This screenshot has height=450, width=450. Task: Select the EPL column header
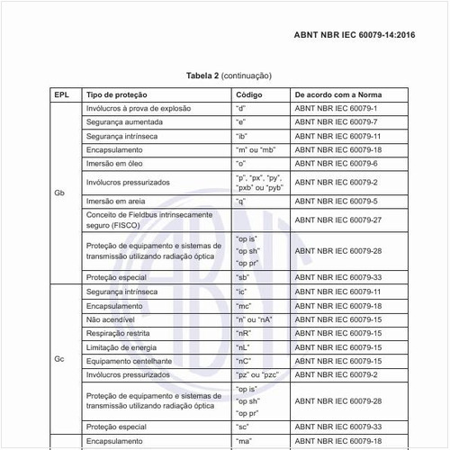click(x=61, y=94)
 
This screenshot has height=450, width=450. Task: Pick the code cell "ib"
click(x=240, y=135)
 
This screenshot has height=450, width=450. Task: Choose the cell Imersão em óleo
click(x=117, y=164)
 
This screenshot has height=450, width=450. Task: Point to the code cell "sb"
click(x=241, y=278)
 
